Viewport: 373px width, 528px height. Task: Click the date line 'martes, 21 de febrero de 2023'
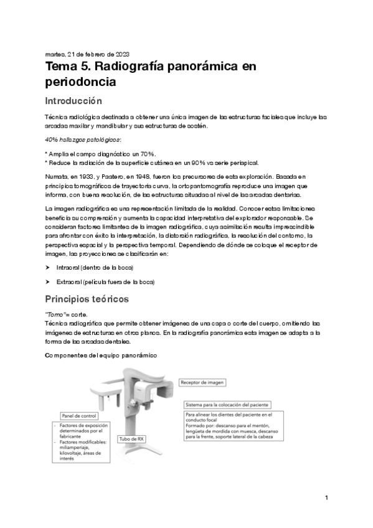tap(87, 54)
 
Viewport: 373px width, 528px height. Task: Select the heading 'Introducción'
tap(73, 100)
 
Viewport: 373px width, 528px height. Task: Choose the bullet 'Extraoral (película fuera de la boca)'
tap(105, 281)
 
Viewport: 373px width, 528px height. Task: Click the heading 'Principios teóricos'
tap(87, 299)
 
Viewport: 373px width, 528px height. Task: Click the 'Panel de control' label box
tap(79, 415)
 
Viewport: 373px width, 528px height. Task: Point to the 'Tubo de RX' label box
tap(132, 438)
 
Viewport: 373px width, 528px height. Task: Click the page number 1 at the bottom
tap(326, 498)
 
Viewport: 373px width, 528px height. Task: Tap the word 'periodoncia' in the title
tap(81, 82)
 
